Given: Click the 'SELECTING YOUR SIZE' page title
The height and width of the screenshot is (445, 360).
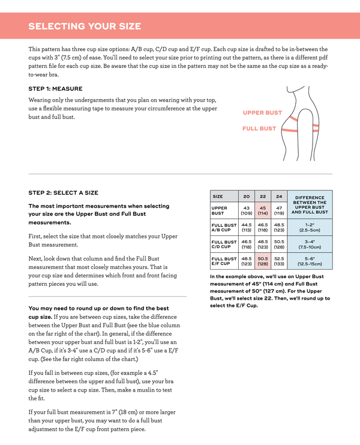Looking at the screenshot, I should click(x=85, y=26).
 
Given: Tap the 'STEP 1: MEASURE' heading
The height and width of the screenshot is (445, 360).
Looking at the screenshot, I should click(x=55, y=88).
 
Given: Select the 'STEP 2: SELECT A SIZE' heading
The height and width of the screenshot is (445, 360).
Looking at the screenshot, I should click(x=63, y=193).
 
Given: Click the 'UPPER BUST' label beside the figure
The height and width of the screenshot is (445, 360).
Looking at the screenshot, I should click(x=262, y=113).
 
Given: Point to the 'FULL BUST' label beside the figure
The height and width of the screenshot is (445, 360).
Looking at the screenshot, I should click(x=259, y=129).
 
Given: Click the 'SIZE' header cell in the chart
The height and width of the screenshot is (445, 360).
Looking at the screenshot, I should click(x=218, y=196).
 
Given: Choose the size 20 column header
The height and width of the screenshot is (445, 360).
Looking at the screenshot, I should click(x=246, y=196).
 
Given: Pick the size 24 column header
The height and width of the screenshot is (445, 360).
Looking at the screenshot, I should click(x=279, y=196).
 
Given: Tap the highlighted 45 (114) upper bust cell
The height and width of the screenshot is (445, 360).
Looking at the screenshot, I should click(x=263, y=210).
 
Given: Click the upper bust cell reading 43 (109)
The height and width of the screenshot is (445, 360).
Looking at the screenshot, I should click(x=246, y=210).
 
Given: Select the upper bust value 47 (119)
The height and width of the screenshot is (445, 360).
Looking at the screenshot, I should click(x=279, y=210).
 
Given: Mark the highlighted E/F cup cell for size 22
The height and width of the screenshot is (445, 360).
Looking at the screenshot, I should click(x=263, y=261).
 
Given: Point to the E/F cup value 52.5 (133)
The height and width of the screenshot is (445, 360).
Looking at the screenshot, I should click(x=279, y=261).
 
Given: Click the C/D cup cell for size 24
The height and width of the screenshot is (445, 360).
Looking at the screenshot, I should click(x=279, y=244).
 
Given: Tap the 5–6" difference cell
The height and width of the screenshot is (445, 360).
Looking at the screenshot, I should click(x=310, y=261).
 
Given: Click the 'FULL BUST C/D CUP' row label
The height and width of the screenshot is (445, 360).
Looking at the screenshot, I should click(x=223, y=244).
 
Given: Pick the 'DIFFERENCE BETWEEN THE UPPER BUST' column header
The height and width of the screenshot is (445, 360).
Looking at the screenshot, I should click(x=310, y=204).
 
